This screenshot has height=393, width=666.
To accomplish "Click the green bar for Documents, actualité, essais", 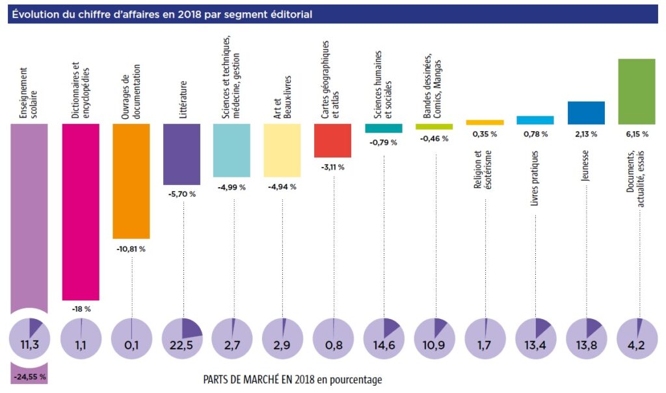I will pyautogui.click(x=636, y=91).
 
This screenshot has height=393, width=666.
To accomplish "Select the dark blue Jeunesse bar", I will pyautogui.click(x=586, y=112).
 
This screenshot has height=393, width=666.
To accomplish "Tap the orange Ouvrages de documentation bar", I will pyautogui.click(x=131, y=181).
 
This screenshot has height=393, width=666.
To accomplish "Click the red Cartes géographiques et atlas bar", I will pyautogui.click(x=333, y=140).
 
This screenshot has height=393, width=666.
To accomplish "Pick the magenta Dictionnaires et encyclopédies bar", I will pyautogui.click(x=81, y=212).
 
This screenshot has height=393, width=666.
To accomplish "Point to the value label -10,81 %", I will pyautogui.click(x=131, y=249).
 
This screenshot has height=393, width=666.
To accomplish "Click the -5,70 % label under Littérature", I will pyautogui.click(x=181, y=194).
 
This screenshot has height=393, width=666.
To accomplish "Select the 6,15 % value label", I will pyautogui.click(x=636, y=134).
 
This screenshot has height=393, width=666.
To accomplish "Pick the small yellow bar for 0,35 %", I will pyautogui.click(x=485, y=122).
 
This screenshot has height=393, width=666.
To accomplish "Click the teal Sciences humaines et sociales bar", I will pyautogui.click(x=384, y=128).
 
